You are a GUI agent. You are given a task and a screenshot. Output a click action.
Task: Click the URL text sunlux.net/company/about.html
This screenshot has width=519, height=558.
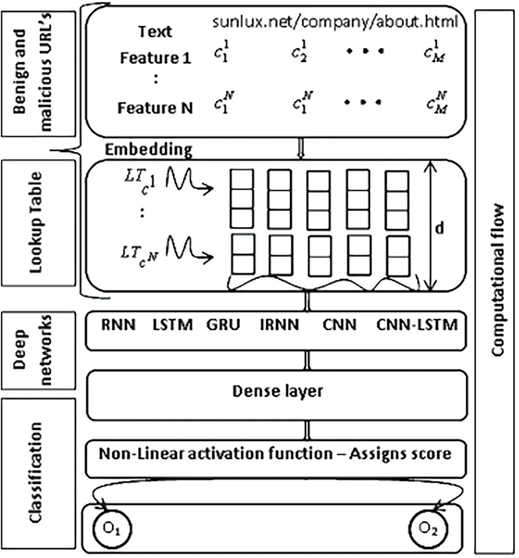(x=335, y=21)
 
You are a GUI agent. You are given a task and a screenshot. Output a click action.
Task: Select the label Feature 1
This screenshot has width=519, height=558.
(x=155, y=58)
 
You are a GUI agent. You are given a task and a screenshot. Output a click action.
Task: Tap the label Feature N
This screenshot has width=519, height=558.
(x=155, y=108)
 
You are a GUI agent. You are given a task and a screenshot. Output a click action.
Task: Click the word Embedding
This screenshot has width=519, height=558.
(x=148, y=149)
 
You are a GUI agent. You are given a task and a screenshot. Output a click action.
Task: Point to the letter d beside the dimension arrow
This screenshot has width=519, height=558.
(x=439, y=228)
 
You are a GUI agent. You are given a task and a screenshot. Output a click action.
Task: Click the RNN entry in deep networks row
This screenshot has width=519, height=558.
(x=118, y=325)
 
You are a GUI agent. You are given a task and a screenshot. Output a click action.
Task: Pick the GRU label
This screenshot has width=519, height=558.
(x=223, y=325)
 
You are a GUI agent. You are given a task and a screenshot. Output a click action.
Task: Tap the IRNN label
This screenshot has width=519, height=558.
(x=279, y=325)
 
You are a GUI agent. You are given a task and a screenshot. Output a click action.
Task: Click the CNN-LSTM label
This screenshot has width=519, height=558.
(x=417, y=325)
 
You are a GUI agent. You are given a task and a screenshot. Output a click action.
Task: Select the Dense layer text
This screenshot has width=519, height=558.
(x=277, y=391)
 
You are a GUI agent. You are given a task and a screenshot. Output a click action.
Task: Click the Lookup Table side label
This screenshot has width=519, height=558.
(x=36, y=222)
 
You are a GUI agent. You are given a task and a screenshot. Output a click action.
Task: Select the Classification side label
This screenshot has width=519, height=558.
(x=35, y=473)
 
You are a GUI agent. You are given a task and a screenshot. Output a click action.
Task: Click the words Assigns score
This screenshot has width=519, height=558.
(x=400, y=453)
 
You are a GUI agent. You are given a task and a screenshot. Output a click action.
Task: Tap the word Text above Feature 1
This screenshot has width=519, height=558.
(x=155, y=32)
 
